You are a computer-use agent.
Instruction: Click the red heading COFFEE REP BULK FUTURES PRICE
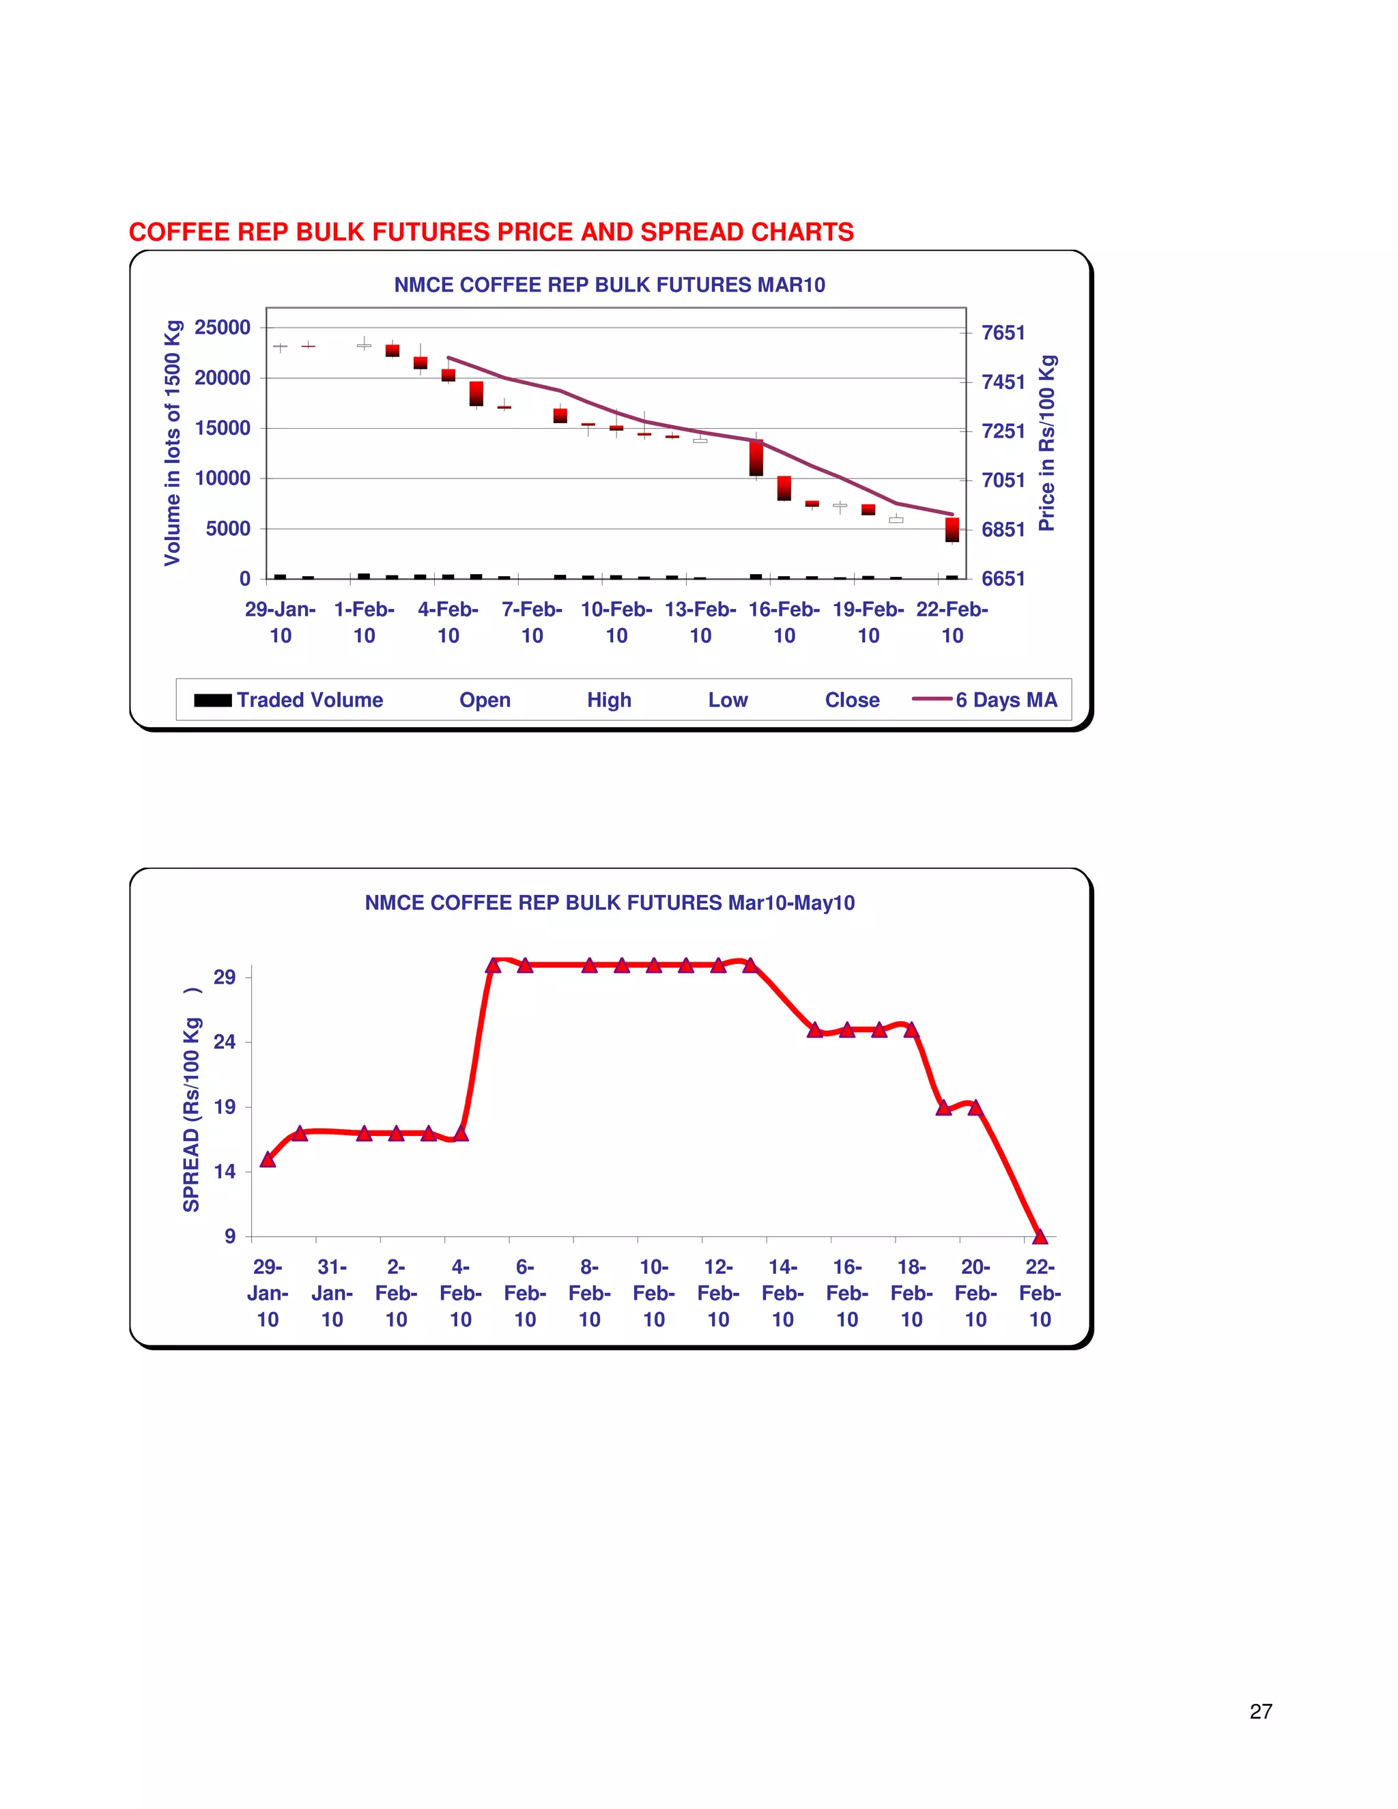point(490,232)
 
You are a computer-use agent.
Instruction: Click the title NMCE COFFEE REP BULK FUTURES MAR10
point(610,285)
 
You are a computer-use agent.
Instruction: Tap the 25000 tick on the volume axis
point(222,327)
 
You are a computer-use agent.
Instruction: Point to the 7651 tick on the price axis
point(1003,333)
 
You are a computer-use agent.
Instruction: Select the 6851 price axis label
point(1003,529)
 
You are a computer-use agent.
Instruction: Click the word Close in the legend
point(851,700)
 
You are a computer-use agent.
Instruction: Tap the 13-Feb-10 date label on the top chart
point(700,622)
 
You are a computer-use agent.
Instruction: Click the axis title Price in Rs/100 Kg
point(1047,443)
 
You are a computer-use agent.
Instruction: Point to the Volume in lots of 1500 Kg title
point(172,443)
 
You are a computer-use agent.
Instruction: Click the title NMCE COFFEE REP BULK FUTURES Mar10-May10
point(610,903)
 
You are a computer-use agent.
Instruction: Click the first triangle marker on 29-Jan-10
point(268,1160)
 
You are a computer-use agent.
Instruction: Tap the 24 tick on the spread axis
point(225,1042)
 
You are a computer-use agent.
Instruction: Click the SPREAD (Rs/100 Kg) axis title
point(191,1100)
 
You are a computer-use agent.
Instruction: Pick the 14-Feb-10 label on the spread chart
point(783,1293)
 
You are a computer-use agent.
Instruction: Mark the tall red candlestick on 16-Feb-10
point(756,458)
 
